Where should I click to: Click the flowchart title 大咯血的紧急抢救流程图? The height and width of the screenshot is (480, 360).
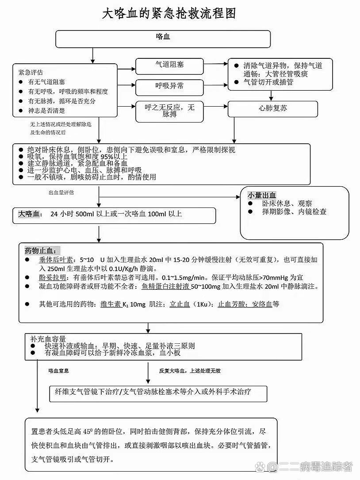click(x=169, y=14)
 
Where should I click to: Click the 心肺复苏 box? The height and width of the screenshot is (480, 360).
click(x=272, y=109)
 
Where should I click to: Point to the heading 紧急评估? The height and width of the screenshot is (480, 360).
click(x=31, y=72)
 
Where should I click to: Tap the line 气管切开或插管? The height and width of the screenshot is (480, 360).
click(x=268, y=82)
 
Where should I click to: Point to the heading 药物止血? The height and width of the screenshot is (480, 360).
click(x=42, y=251)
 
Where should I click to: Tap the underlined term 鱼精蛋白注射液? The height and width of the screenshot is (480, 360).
click(x=165, y=286)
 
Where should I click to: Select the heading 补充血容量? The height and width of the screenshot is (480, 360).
click(x=47, y=338)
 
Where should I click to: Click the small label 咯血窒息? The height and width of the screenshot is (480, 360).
click(x=58, y=371)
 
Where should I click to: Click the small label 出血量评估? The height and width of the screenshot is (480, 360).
click(x=61, y=192)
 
